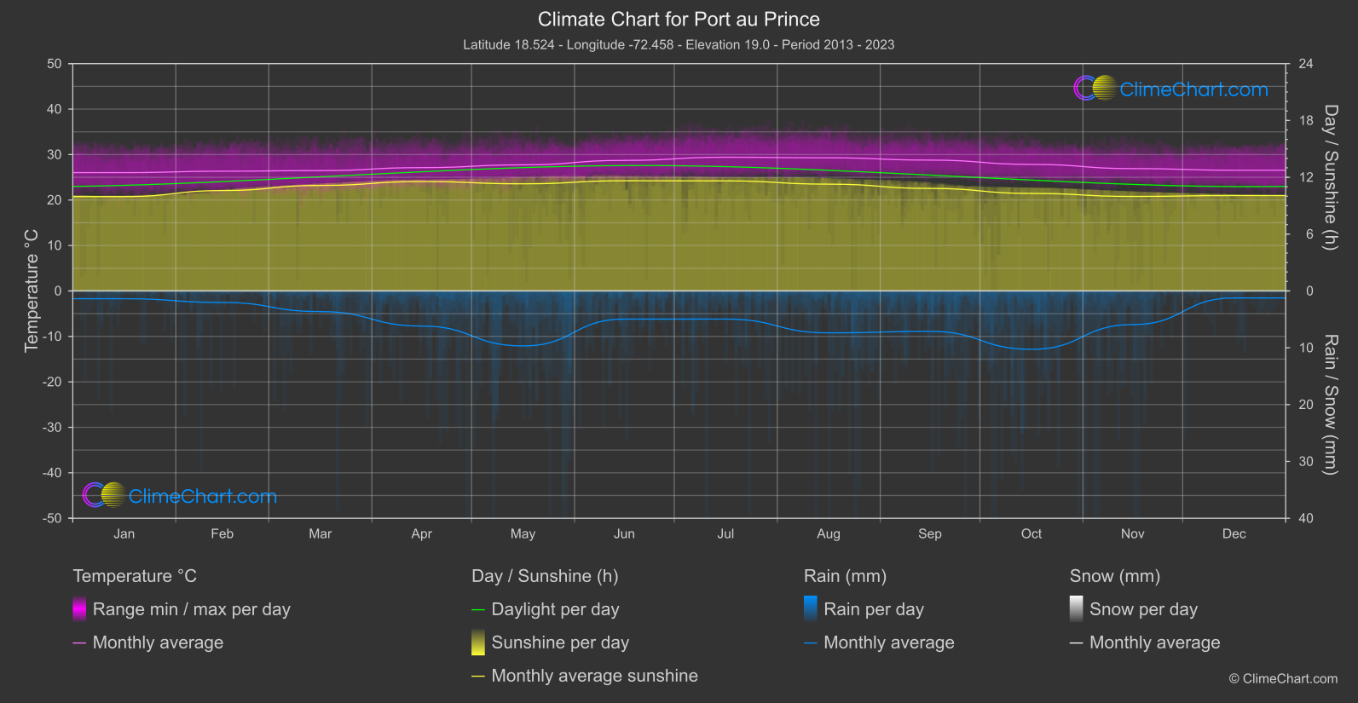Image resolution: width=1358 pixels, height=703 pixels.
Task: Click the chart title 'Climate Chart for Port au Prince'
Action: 679,19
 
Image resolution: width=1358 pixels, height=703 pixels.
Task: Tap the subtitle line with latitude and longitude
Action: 679,44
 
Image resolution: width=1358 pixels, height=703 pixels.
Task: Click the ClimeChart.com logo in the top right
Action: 1170,89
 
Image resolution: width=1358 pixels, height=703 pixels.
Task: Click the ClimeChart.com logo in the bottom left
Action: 180,495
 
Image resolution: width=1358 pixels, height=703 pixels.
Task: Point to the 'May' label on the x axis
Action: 523,533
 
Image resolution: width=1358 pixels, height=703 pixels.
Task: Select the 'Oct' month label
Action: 1032,533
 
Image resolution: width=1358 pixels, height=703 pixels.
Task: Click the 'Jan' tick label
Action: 124,533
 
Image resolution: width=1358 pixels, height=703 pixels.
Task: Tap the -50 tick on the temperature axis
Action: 53,518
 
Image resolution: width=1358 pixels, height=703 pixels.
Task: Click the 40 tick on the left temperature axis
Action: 55,109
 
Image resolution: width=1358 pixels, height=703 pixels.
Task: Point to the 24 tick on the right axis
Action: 1305,64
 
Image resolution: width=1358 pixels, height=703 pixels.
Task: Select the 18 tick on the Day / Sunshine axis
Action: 1305,120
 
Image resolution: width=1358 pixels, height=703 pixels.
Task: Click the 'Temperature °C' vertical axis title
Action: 32,290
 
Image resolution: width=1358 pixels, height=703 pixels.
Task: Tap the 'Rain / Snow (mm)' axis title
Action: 1330,404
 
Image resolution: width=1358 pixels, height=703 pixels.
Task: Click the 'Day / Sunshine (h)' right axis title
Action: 1330,177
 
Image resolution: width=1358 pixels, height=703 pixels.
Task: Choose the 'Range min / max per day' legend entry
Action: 191,609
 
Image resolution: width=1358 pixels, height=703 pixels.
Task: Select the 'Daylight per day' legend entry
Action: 555,609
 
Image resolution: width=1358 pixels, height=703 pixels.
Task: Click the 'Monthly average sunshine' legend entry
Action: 594,676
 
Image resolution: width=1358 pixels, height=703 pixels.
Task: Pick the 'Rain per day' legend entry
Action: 873,609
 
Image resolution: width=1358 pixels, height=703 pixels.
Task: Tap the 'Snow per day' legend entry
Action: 1143,609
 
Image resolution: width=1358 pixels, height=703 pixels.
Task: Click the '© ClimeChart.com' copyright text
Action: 1283,678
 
